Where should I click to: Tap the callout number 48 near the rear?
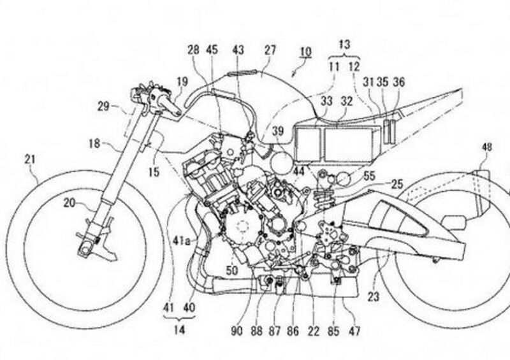click(x=486, y=147)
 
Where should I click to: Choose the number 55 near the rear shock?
click(x=369, y=173)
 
